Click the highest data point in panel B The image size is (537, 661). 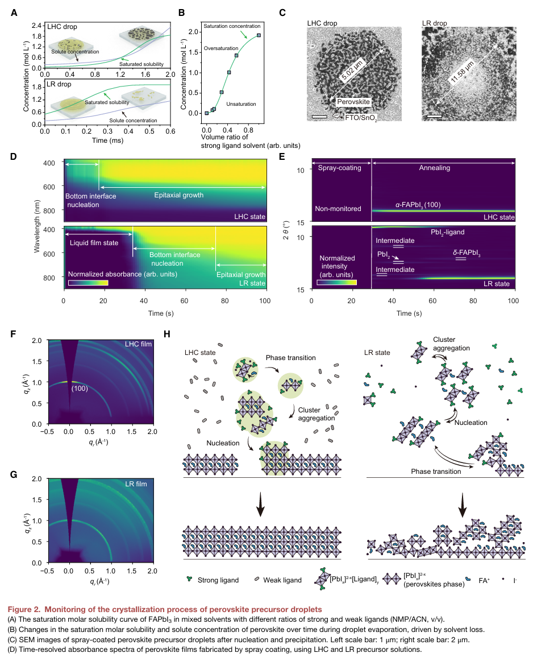(x=259, y=35)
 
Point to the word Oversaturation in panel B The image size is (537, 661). (x=221, y=48)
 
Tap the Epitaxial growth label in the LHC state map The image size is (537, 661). (x=178, y=195)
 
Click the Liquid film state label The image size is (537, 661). (x=94, y=242)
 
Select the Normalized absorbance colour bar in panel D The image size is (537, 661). (x=88, y=282)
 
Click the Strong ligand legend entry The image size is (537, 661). (x=214, y=580)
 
